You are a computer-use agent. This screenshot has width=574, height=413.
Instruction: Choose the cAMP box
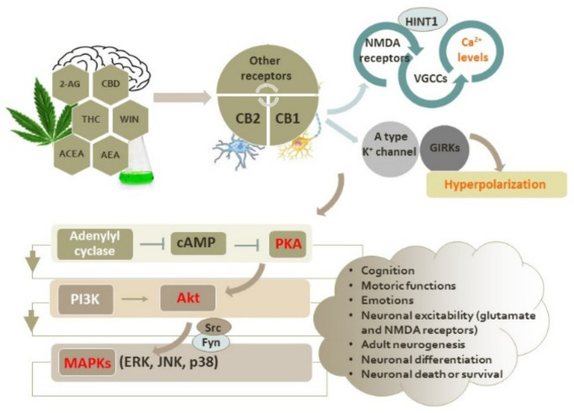[199, 243]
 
